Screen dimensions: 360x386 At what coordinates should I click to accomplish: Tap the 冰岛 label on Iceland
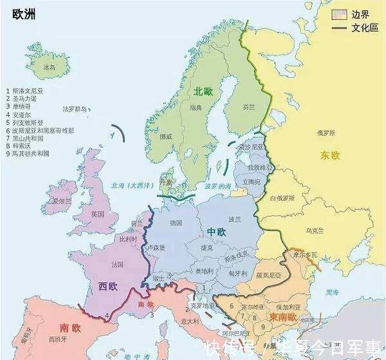tap(49, 66)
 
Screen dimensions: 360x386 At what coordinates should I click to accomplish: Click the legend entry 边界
tap(360, 14)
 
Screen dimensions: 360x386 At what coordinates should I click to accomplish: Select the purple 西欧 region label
tap(107, 284)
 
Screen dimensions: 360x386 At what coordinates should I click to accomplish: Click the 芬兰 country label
tap(249, 107)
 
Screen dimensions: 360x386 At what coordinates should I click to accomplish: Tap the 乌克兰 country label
tap(315, 229)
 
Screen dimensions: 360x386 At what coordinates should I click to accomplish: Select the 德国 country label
tap(176, 222)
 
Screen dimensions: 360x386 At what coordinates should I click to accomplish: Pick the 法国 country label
tap(117, 265)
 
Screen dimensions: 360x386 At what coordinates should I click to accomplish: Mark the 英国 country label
tap(97, 214)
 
